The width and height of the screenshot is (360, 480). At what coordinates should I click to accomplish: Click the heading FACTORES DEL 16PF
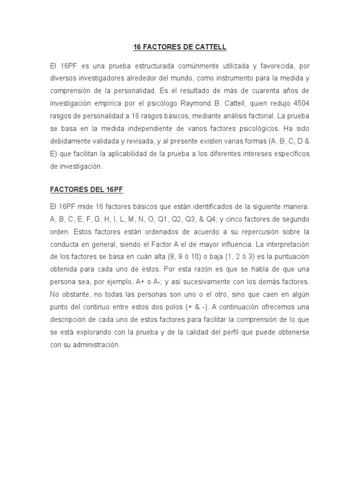coord(86,190)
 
